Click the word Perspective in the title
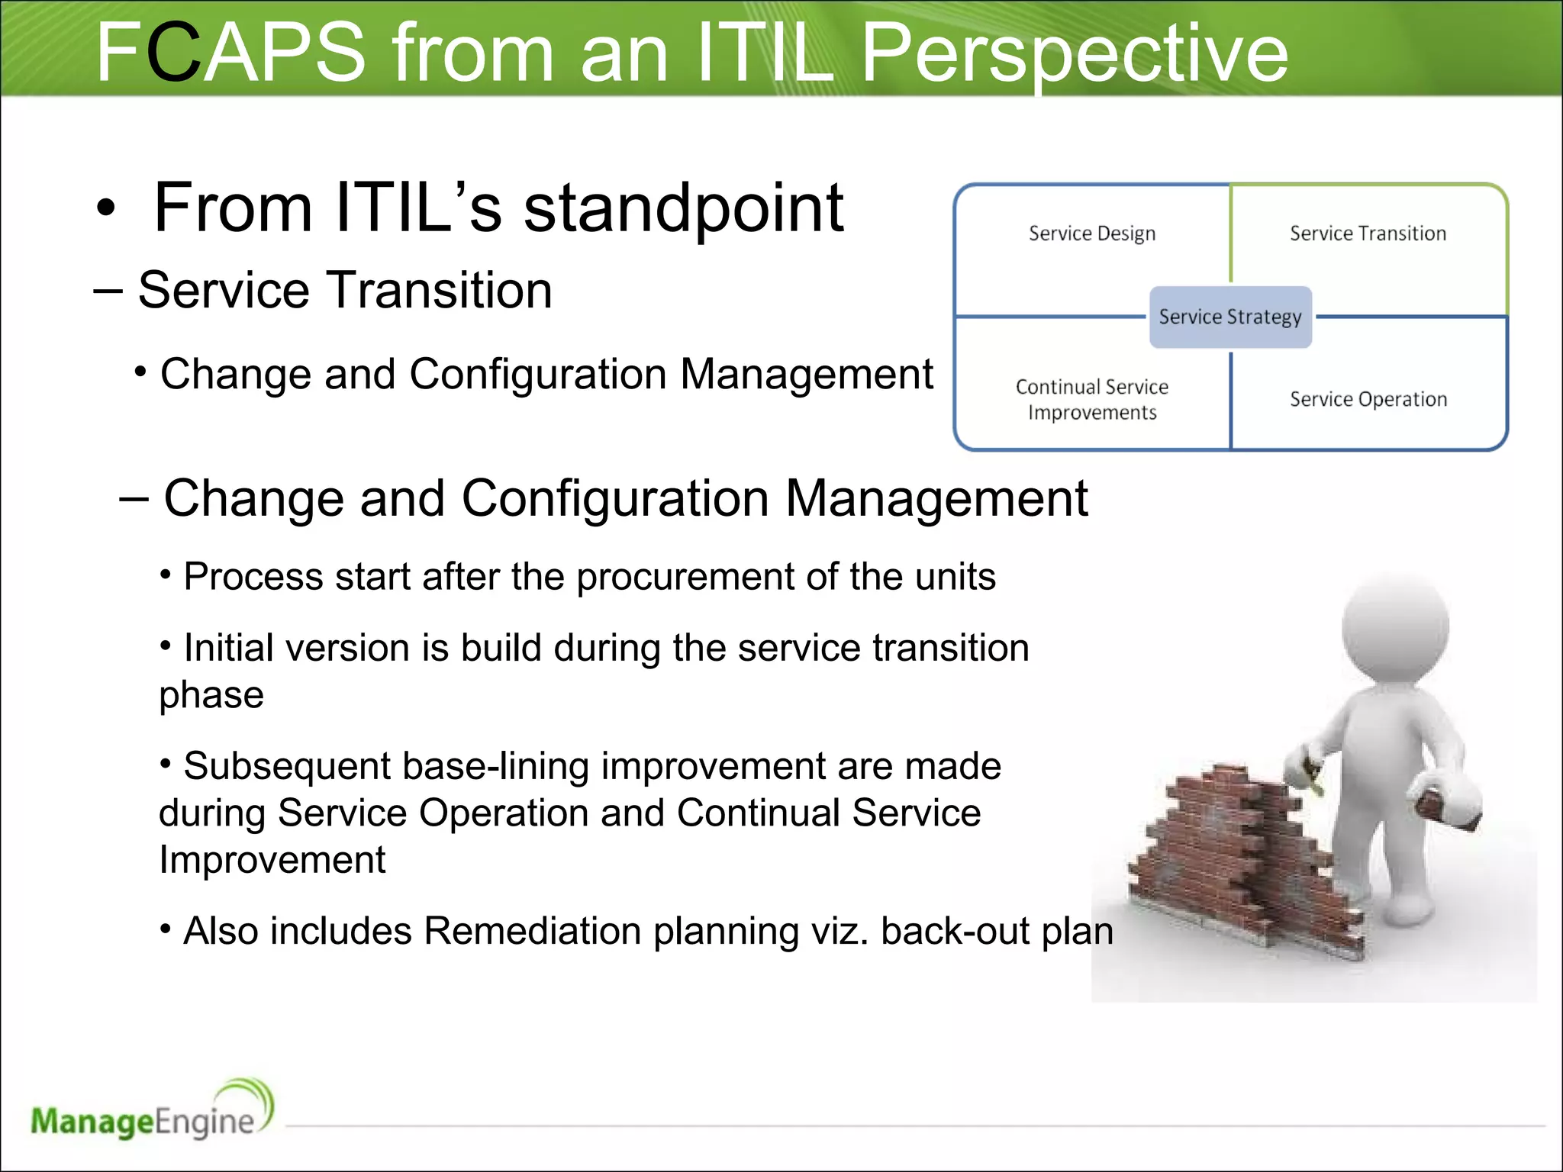coord(1075,53)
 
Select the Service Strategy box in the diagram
coord(1230,317)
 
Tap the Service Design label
coord(1091,233)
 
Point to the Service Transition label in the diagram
coord(1368,233)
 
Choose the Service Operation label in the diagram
coord(1368,399)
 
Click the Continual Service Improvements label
coord(1091,399)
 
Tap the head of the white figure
coord(1395,626)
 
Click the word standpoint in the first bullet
coord(683,208)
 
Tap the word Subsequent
coord(286,766)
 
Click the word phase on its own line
coord(211,695)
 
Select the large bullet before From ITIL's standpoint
coord(106,209)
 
